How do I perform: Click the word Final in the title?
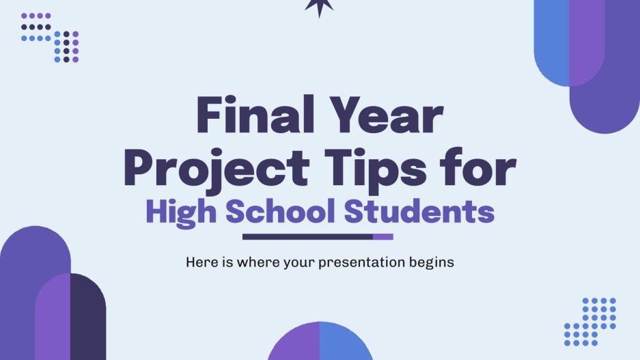(251, 118)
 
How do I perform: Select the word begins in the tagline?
(432, 262)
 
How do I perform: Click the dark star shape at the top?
(320, 7)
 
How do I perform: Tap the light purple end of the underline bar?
(383, 237)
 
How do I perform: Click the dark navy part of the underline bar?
(307, 237)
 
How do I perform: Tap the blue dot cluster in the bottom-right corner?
(591, 321)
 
